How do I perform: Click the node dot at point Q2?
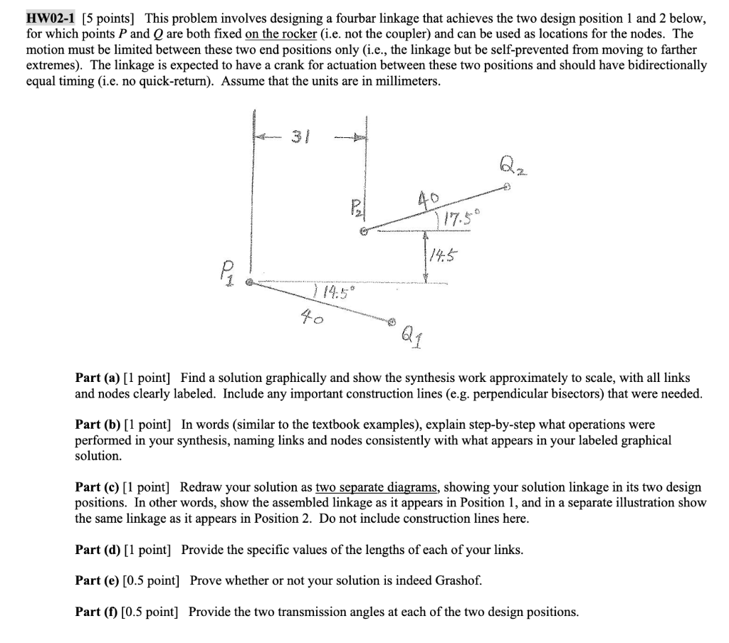[x=506, y=188]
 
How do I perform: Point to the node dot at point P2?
[x=364, y=231]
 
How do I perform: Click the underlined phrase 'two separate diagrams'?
[x=377, y=487]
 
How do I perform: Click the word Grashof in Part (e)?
[x=452, y=580]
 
